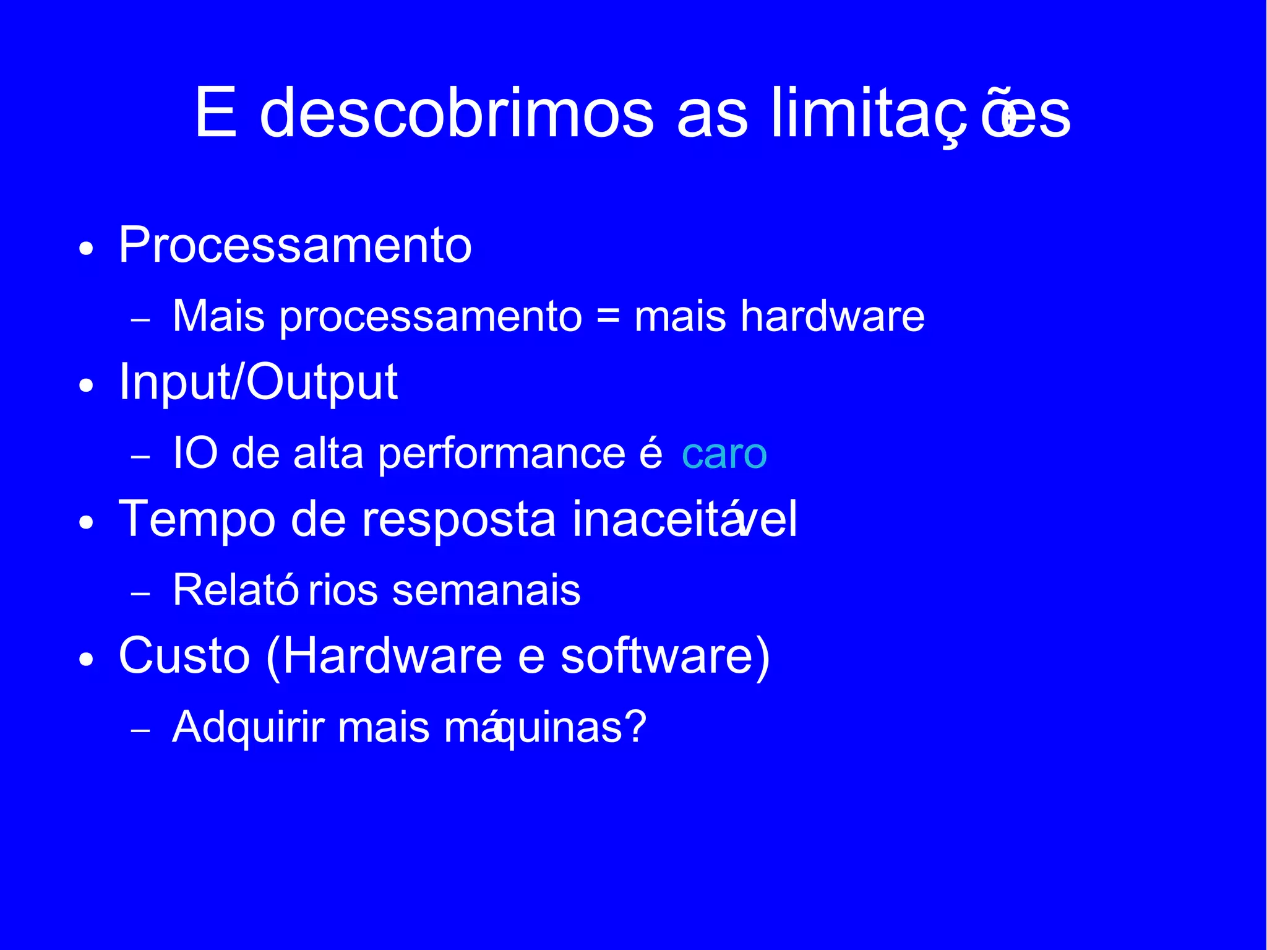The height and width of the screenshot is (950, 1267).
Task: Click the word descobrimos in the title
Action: [x=457, y=113]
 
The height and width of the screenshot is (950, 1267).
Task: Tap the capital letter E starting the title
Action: [x=216, y=113]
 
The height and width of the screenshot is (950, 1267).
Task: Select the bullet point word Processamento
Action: [x=295, y=245]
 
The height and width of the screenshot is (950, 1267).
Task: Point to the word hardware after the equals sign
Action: [x=832, y=316]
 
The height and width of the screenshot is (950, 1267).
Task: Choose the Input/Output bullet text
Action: [x=258, y=382]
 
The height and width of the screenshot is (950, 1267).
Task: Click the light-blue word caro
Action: [x=724, y=454]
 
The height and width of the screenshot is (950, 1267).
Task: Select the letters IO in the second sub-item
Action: [x=195, y=453]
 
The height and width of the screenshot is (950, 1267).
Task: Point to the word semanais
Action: [x=486, y=590]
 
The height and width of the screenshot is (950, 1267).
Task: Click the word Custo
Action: [x=184, y=655]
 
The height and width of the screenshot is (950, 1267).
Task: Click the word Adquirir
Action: [x=248, y=727]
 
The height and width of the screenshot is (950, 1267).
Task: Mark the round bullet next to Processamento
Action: [x=87, y=249]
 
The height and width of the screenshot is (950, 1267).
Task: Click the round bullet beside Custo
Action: [x=87, y=660]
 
